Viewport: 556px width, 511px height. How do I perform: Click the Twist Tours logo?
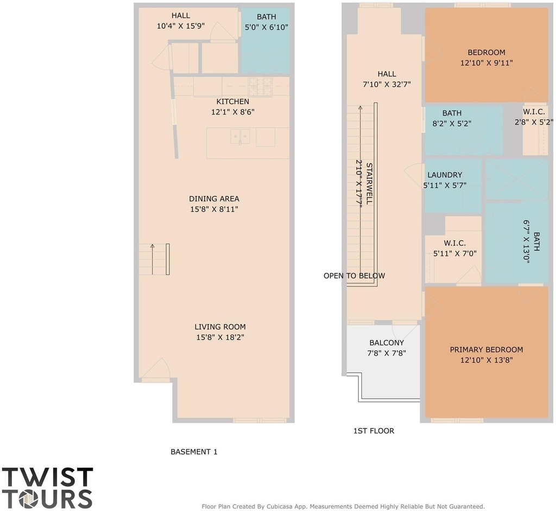coord(47,488)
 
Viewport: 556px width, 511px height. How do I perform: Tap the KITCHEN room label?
coord(232,101)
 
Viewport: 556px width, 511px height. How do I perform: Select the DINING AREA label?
coord(214,199)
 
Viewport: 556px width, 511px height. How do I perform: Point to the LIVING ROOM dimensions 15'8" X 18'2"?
coord(220,337)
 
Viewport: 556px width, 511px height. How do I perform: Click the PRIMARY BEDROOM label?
coord(486,350)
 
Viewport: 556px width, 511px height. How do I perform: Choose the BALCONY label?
coord(387,343)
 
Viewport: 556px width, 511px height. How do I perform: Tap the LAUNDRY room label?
coord(445,175)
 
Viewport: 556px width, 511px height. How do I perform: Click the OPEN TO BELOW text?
coord(354,276)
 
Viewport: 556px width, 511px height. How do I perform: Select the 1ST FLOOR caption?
coord(374,431)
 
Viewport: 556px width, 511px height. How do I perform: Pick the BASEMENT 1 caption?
coord(194,452)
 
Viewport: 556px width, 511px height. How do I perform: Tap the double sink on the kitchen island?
coord(240,137)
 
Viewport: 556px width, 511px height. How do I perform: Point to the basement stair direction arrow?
coord(153,259)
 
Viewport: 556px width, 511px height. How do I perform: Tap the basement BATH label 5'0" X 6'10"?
coord(266,22)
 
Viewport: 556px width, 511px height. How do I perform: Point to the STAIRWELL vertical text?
coord(369,183)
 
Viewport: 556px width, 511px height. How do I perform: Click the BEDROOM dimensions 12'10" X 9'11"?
coord(486,63)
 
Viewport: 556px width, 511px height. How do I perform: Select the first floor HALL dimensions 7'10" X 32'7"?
coord(387,85)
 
